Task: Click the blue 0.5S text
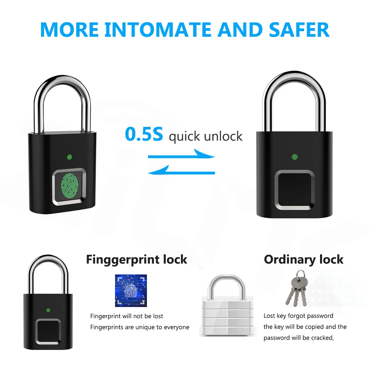144,134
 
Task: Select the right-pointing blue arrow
181,155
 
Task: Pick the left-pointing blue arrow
181,171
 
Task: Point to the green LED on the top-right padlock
295,157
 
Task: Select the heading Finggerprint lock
137,259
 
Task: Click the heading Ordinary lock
303,259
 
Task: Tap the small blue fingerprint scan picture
131,290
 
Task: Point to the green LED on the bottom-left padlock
48,310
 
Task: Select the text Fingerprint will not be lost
127,316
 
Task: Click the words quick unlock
205,136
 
